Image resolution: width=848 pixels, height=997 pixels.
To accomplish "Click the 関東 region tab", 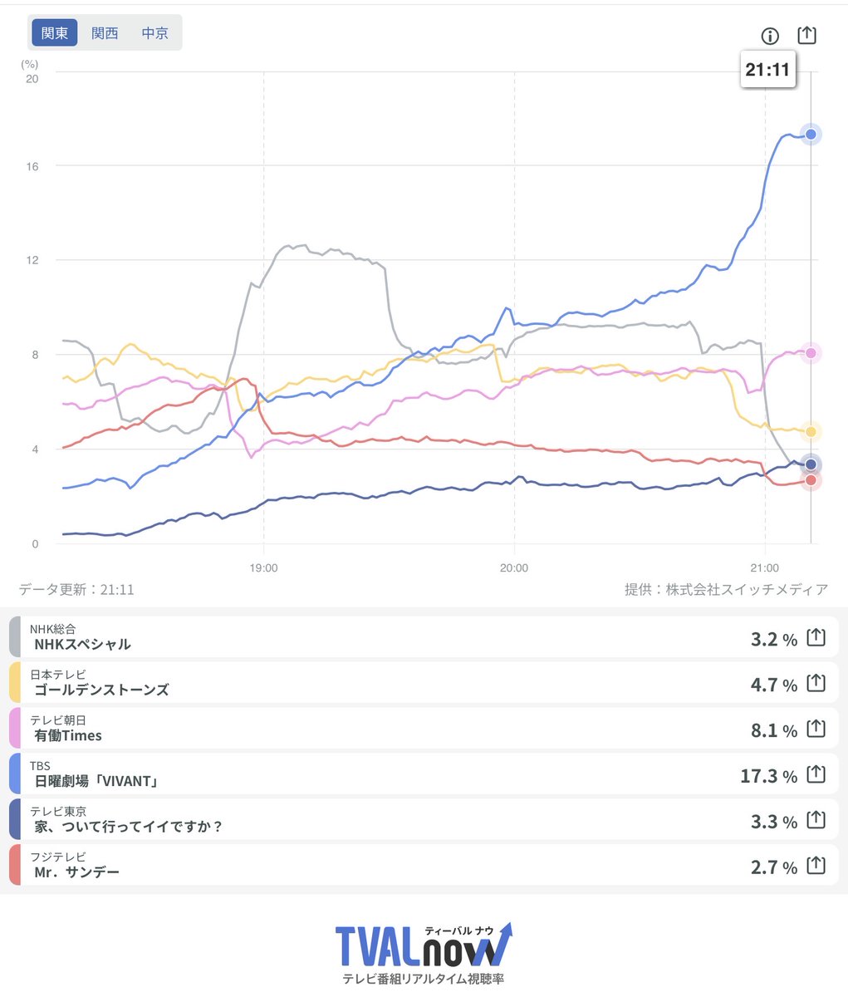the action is tap(55, 32).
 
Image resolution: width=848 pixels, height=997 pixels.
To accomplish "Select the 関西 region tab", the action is tap(105, 32).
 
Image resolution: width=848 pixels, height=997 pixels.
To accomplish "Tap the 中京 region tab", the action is tap(154, 32).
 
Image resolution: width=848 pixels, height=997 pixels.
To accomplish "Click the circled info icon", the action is tap(770, 36).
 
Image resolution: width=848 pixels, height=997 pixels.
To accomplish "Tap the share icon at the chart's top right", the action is tap(806, 35).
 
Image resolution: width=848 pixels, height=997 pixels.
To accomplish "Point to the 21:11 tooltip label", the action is tap(767, 70).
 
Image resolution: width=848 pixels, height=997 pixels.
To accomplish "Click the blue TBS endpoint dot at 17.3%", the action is tap(811, 134).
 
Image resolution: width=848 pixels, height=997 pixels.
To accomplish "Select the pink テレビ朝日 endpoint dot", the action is tap(811, 353).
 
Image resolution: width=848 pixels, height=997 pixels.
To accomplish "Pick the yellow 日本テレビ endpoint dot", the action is tap(811, 432).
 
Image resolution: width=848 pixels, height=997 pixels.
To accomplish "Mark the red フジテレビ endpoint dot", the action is tap(811, 480).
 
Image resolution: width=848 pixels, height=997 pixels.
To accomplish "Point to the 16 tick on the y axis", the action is tap(32, 166).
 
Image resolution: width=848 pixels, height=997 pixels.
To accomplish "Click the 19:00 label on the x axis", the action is tap(264, 567).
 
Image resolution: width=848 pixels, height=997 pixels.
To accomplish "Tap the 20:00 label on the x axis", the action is tap(514, 567).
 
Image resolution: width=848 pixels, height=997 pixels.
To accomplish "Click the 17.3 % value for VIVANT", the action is tap(768, 776).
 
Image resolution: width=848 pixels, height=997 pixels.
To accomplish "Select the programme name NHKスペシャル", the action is tap(82, 644).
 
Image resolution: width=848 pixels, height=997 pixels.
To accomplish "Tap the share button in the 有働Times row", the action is tap(816, 729).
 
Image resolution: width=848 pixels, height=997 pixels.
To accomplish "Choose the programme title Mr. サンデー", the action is tap(76, 872).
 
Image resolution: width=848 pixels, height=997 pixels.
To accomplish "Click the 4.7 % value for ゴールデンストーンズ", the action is tap(774, 685).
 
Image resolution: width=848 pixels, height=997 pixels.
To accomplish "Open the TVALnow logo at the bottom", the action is tap(424, 953).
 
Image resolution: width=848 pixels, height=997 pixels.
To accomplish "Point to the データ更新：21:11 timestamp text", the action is tap(76, 589).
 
